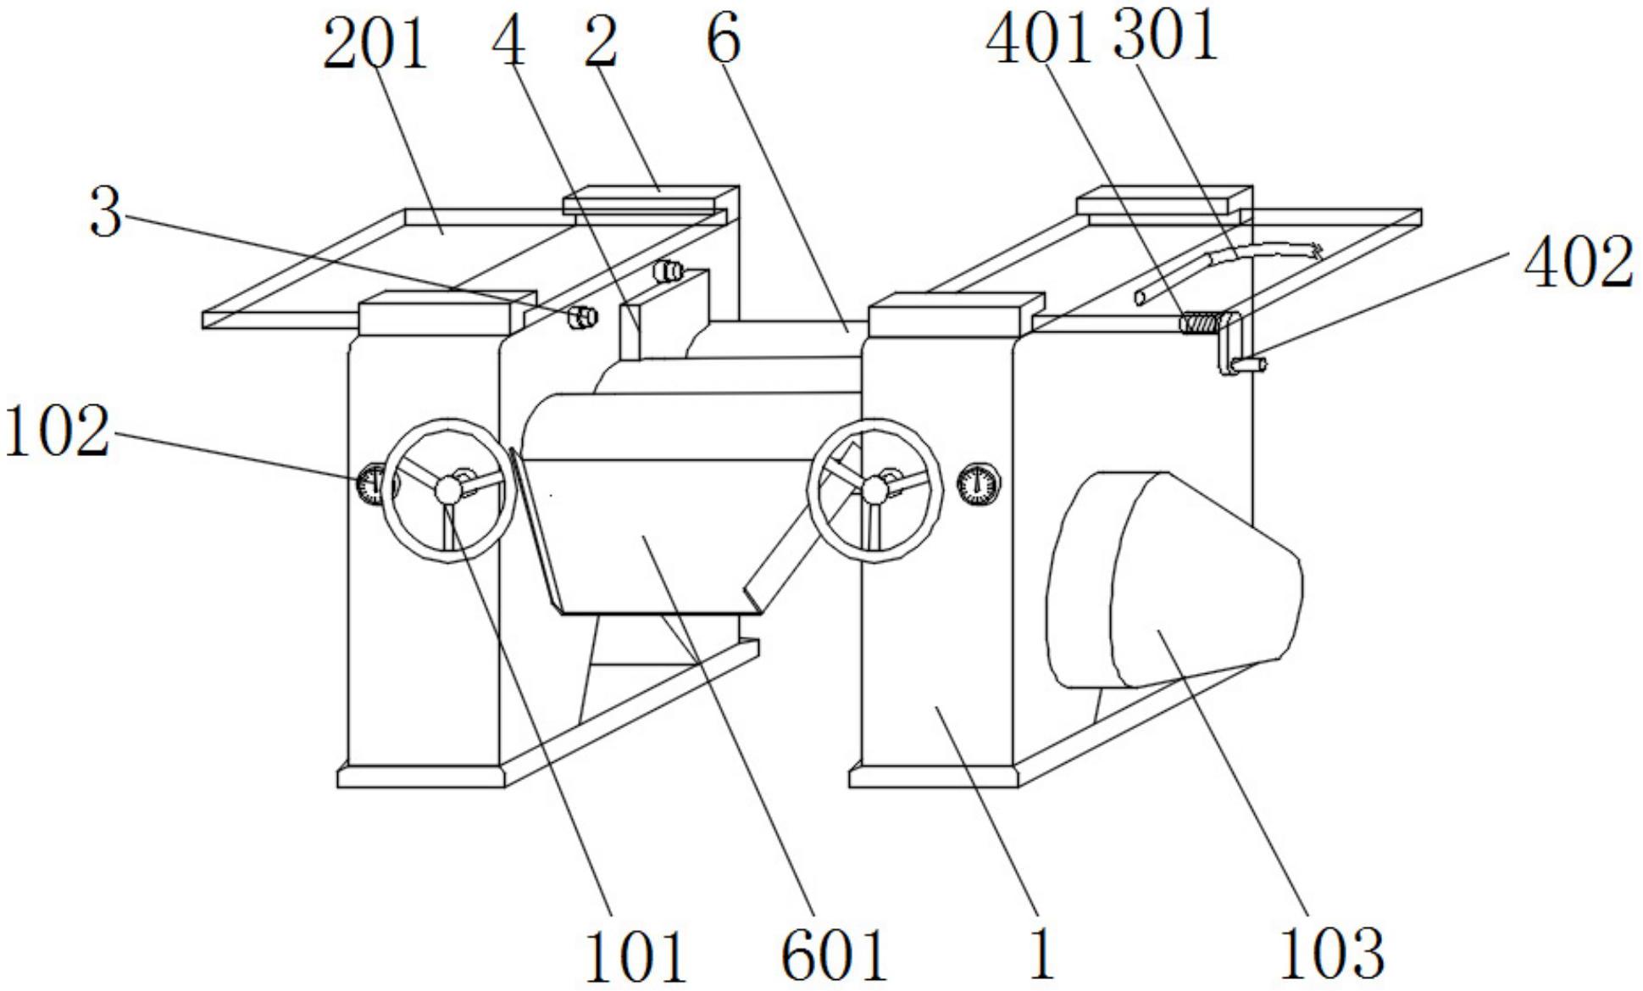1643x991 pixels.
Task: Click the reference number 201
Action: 375,44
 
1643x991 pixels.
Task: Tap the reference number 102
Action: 58,431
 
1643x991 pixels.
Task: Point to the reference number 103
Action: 1331,954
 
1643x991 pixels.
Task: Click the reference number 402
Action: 1579,262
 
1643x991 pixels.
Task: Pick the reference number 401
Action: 1039,38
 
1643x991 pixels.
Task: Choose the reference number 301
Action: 1166,35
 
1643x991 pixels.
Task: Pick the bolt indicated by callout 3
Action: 582,317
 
